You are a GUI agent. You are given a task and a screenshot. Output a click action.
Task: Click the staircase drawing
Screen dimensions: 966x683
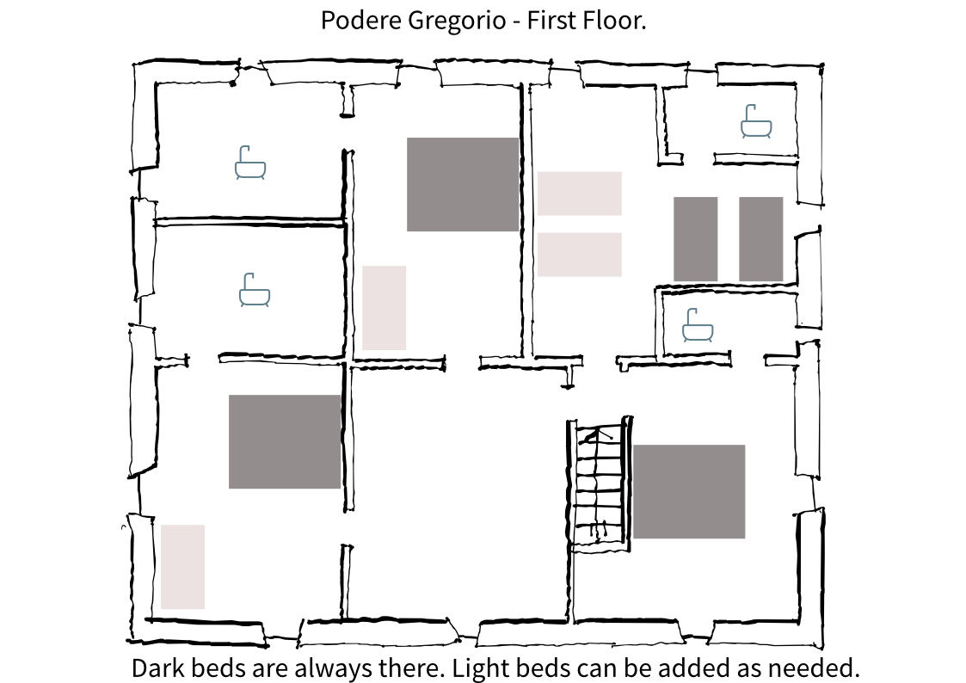click(x=600, y=484)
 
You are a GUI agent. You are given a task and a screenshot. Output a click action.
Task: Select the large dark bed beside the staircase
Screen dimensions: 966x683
click(x=689, y=491)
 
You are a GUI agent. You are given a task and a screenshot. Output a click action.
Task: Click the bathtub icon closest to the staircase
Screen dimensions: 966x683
click(x=698, y=325)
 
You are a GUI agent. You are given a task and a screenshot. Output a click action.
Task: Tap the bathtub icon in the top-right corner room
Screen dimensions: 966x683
click(x=756, y=121)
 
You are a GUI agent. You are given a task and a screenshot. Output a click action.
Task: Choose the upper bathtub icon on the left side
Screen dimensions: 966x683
click(x=250, y=163)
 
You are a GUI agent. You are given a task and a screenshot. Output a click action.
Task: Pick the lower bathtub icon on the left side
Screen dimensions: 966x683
click(x=255, y=290)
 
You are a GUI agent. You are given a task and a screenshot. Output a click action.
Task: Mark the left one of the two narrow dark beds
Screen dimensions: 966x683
click(x=696, y=239)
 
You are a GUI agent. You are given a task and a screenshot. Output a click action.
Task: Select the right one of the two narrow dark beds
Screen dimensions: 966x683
click(x=761, y=239)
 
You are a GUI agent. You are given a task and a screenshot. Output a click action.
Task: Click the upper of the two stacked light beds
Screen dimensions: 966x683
click(x=579, y=194)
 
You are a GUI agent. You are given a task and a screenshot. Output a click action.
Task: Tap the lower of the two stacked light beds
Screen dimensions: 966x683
click(x=579, y=255)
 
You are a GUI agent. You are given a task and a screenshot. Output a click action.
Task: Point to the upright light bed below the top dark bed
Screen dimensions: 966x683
click(x=384, y=308)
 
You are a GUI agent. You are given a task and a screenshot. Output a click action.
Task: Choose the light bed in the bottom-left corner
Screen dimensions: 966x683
click(x=182, y=567)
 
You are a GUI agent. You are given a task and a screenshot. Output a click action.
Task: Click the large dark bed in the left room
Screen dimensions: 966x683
click(x=285, y=441)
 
